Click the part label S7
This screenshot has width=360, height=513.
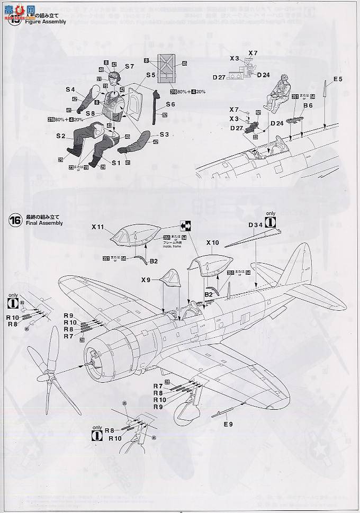pyautogui.click(x=130, y=66)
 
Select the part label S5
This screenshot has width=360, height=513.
pyautogui.click(x=151, y=75)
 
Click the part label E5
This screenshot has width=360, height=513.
pyautogui.click(x=337, y=79)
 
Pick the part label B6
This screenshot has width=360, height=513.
pyautogui.click(x=308, y=106)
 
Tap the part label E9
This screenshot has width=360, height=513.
pyautogui.click(x=228, y=424)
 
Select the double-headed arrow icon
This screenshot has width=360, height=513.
pyautogui.click(x=187, y=224)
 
